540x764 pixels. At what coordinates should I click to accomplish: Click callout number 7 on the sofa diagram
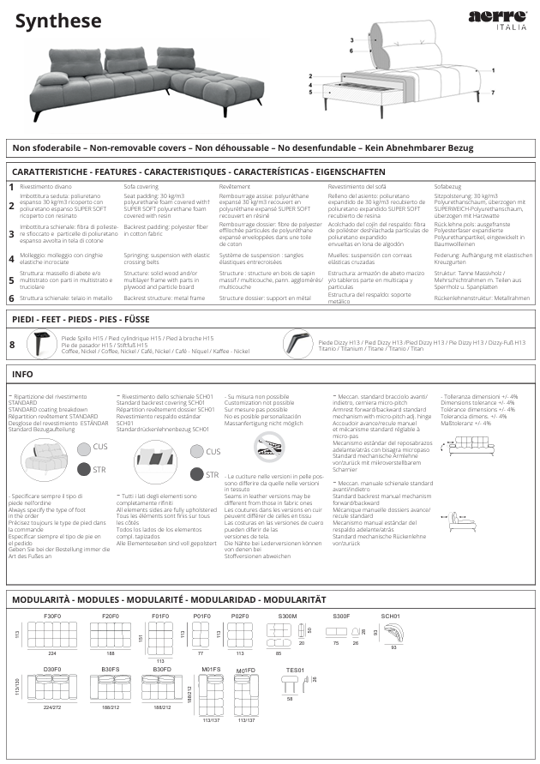click(493, 92)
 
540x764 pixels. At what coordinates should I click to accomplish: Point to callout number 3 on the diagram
click(352, 40)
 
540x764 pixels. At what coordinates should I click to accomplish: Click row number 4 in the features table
click(11, 257)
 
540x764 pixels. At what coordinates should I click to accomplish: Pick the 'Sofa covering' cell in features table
click(141, 186)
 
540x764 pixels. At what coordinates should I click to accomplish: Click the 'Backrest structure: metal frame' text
click(165, 298)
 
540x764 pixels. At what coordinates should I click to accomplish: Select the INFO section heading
click(22, 375)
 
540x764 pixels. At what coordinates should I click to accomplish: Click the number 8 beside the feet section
click(11, 345)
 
